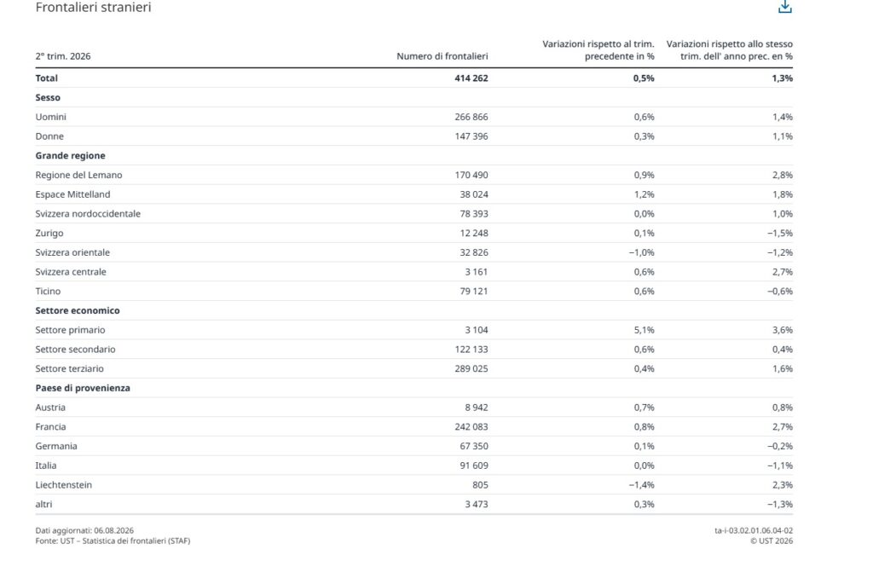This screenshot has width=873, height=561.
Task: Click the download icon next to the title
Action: (785, 7)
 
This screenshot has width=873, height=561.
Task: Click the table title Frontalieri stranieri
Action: (93, 7)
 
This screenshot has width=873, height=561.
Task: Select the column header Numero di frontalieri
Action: (442, 56)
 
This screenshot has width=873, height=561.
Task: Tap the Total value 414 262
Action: (471, 78)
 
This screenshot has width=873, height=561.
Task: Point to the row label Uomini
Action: (50, 117)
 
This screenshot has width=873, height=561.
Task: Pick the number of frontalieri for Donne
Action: (471, 136)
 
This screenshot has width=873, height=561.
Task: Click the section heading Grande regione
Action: (70, 156)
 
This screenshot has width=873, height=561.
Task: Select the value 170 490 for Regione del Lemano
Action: (471, 176)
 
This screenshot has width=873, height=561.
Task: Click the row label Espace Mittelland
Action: (73, 194)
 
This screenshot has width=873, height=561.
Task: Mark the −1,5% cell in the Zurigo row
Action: (779, 234)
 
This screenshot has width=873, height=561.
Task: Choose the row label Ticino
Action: (48, 291)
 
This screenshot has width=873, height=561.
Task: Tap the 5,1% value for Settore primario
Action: (644, 330)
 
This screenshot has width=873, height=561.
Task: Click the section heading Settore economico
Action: (78, 310)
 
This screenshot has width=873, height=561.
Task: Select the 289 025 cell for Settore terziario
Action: (471, 368)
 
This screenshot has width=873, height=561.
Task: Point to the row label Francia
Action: (50, 427)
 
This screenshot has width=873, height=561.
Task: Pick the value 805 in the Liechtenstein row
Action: (480, 485)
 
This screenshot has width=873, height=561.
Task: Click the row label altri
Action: (44, 504)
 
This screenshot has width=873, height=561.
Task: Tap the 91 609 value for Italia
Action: (474, 466)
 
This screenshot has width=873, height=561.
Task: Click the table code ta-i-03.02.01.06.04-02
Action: (754, 531)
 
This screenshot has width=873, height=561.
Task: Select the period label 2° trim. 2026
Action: (63, 56)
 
